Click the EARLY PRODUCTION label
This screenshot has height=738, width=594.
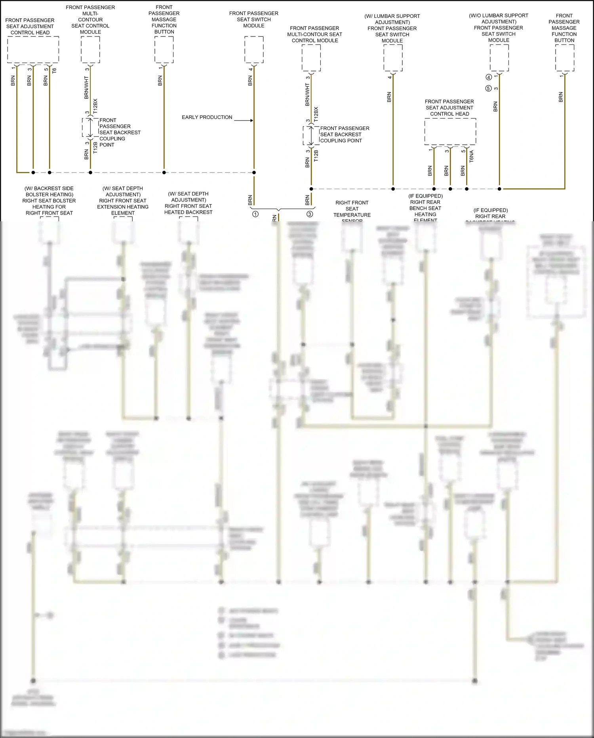[207, 117]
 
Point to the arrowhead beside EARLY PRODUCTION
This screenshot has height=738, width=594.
[251, 120]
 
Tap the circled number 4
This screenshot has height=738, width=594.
[489, 77]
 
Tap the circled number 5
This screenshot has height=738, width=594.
[489, 88]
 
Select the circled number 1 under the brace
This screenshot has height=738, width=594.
[255, 214]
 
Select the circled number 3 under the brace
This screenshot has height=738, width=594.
[310, 214]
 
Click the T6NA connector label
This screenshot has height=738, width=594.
[471, 156]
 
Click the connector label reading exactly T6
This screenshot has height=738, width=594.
[54, 71]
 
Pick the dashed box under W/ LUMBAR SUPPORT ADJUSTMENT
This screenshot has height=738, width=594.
[393, 58]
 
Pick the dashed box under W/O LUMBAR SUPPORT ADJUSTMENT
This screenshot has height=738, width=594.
[499, 58]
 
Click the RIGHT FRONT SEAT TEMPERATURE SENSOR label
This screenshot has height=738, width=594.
[352, 211]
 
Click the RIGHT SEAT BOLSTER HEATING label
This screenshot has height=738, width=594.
[49, 201]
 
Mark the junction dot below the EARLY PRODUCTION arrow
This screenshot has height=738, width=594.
[254, 173]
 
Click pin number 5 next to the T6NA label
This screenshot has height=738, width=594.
[463, 151]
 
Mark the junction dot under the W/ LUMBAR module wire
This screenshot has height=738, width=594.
[393, 189]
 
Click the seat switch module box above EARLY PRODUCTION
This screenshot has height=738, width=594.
[254, 50]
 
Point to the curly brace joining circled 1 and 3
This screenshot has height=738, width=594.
[279, 209]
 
